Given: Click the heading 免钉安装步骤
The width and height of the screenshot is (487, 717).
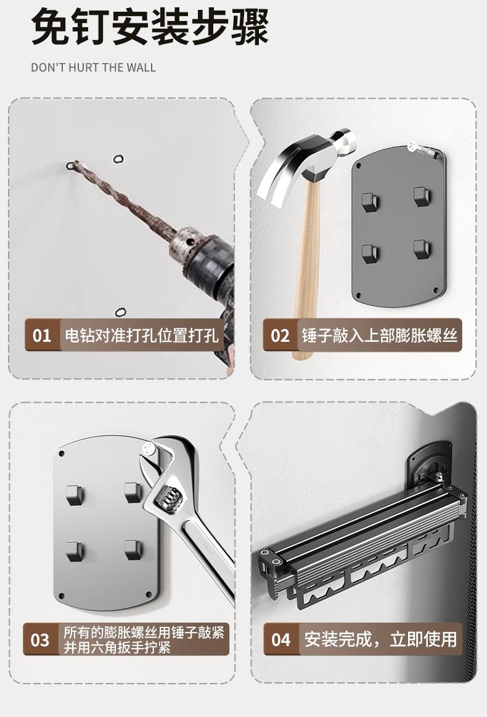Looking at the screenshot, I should click(150, 28).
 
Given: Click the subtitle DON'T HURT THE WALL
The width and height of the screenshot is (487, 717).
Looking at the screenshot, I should click(94, 67).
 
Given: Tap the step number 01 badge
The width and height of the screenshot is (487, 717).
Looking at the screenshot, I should click(42, 335).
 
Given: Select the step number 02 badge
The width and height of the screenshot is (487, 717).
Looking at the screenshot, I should click(280, 335).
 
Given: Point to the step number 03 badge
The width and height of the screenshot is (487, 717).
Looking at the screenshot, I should click(40, 640).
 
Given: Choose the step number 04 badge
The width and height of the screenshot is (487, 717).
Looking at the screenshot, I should click(280, 639).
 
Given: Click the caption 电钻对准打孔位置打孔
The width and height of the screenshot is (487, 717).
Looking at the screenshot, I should click(142, 335).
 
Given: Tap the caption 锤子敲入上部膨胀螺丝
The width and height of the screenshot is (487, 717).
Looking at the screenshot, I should click(379, 335).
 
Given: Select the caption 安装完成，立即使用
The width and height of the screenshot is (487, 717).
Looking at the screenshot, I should click(380, 639).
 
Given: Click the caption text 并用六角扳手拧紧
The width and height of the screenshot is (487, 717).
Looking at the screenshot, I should click(117, 647).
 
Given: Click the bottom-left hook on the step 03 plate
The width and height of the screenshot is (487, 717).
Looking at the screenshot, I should click(74, 549).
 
